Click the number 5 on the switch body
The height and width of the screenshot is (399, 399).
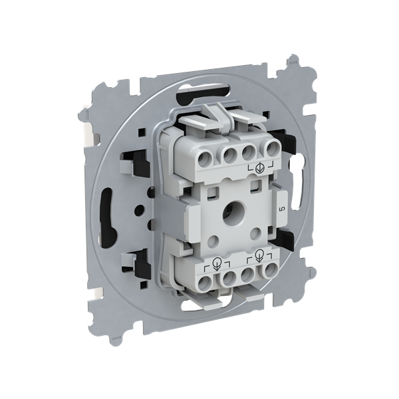282,209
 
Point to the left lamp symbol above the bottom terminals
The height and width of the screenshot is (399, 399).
217,263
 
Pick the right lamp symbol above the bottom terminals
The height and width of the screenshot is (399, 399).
259,255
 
